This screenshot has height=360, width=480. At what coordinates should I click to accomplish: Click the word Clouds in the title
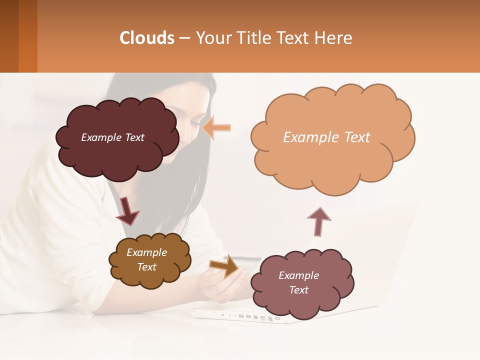(x=147, y=38)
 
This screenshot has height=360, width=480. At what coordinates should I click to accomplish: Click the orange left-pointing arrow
(x=217, y=128)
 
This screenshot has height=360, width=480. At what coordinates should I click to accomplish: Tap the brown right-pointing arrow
(x=225, y=266)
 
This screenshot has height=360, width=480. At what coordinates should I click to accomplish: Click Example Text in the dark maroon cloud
(x=112, y=137)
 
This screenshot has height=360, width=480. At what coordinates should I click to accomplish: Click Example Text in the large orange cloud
(x=326, y=137)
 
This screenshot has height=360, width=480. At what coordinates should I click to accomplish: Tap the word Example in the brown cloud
(x=146, y=252)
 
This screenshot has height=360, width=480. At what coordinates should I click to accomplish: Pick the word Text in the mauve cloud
(x=298, y=290)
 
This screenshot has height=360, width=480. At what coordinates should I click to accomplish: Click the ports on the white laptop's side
(x=255, y=317)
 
